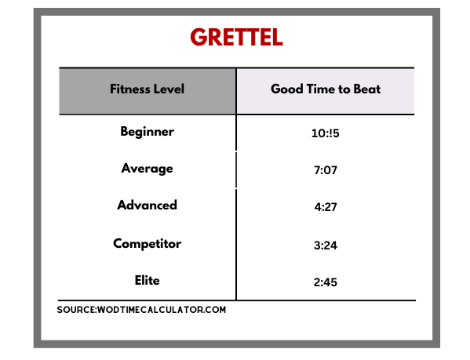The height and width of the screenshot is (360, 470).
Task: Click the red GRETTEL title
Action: click(236, 37)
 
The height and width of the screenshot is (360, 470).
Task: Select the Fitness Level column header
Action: click(147, 89)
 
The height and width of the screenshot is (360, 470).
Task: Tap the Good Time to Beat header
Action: click(326, 89)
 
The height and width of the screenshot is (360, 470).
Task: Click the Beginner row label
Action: click(147, 132)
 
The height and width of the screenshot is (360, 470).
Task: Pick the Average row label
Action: click(147, 169)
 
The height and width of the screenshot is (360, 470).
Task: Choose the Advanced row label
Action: click(147, 205)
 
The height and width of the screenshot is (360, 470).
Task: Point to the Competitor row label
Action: click(147, 244)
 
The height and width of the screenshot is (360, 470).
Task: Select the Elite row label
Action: click(147, 281)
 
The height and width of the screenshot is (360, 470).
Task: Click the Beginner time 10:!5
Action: click(325, 133)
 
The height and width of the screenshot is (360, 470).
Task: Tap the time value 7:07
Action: click(326, 170)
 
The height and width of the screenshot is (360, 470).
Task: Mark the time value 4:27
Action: click(326, 207)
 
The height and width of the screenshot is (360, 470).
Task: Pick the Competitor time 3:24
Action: click(326, 245)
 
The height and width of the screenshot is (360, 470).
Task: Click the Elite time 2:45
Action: click(326, 282)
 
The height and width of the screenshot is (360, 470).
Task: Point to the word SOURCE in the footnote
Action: click(76, 310)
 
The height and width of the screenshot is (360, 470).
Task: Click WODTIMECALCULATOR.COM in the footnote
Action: click(162, 310)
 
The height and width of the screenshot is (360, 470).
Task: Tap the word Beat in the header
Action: click(367, 89)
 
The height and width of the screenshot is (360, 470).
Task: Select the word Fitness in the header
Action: click(130, 89)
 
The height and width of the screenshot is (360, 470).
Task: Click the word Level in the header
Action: click(169, 89)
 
